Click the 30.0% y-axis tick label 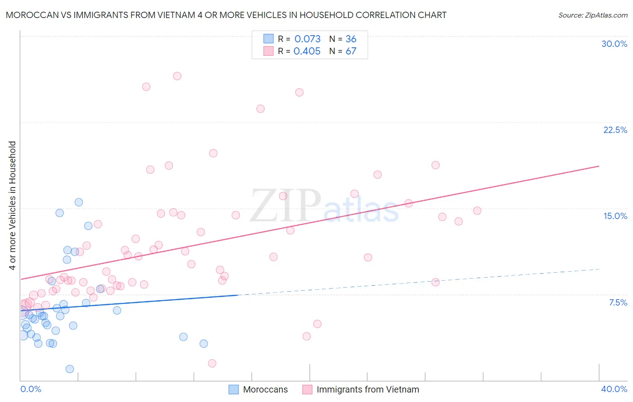614,44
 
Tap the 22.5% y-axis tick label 615,130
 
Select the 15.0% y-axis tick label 615,216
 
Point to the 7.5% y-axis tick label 618,302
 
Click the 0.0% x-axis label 31,389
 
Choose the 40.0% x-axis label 614,389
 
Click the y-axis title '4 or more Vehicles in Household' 12,206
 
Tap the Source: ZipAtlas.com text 592,15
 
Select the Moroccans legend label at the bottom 265,389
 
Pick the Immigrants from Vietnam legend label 367,389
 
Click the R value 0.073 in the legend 307,39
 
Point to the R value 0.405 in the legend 307,51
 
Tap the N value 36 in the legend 351,39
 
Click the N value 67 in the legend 351,51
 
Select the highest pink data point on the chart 177,76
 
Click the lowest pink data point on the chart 212,363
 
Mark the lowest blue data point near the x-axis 70,369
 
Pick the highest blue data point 79,202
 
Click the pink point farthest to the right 477,211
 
